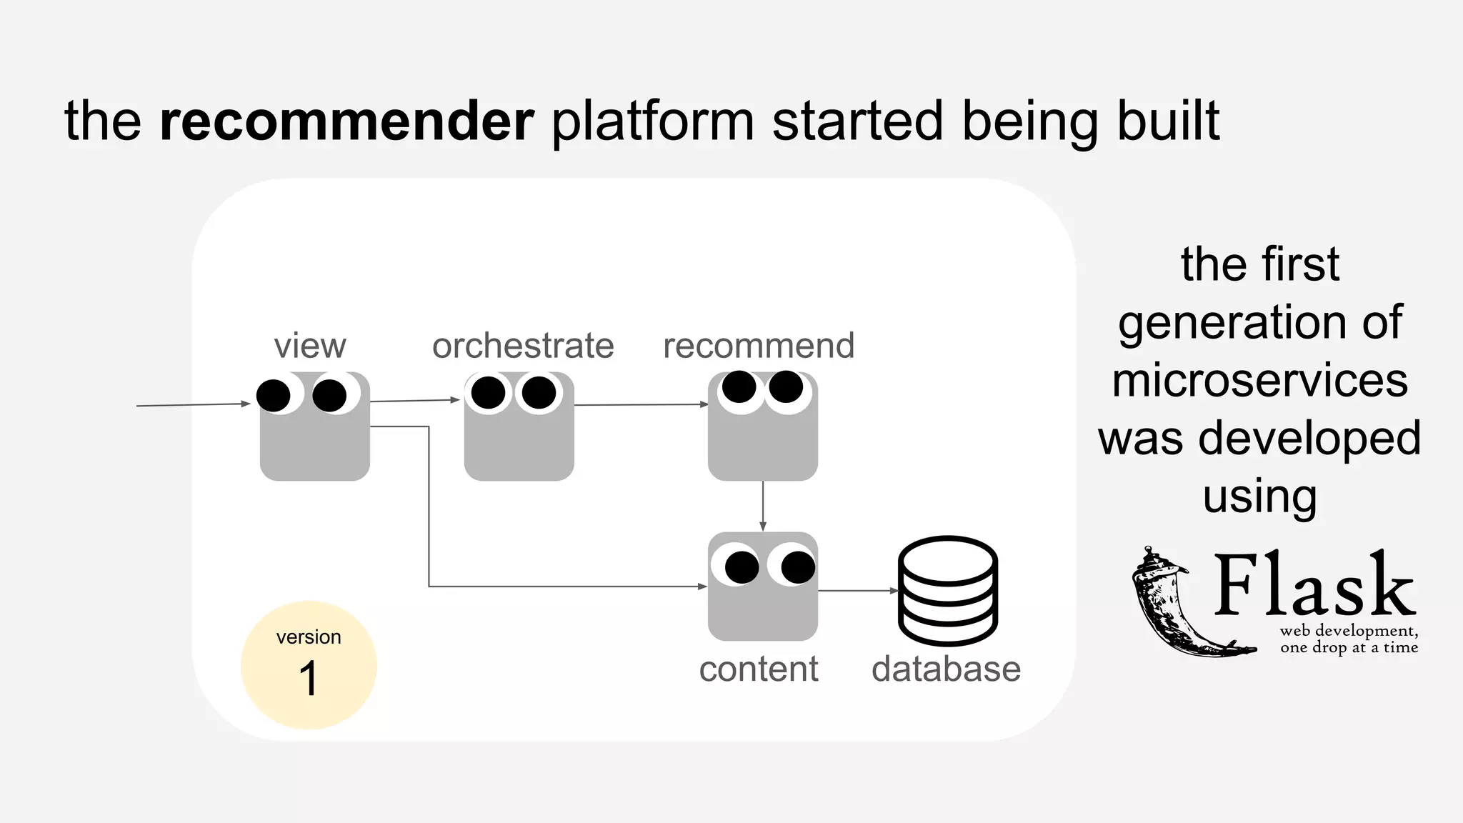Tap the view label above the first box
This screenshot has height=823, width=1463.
[x=310, y=346]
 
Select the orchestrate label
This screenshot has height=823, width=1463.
[x=523, y=346]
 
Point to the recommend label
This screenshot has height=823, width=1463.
[x=759, y=346]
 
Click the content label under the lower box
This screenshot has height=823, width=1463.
[x=759, y=669]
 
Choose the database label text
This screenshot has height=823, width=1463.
[x=946, y=669]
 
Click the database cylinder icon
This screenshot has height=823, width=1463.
[x=947, y=591]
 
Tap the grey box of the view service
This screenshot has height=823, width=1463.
[x=314, y=447]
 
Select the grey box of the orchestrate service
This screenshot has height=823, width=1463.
[x=519, y=447]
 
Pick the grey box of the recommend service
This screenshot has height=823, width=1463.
[x=762, y=447]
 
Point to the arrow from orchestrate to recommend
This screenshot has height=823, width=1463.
[x=641, y=405]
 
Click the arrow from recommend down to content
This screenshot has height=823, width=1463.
[x=763, y=506]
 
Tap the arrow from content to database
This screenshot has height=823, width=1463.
[x=857, y=591]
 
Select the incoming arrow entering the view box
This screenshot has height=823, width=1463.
[x=193, y=405]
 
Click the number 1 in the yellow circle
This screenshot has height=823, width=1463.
[x=309, y=679]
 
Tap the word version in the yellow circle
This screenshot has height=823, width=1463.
[x=309, y=637]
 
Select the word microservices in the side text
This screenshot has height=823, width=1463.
[x=1260, y=380]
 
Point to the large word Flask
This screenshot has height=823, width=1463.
[x=1314, y=586]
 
